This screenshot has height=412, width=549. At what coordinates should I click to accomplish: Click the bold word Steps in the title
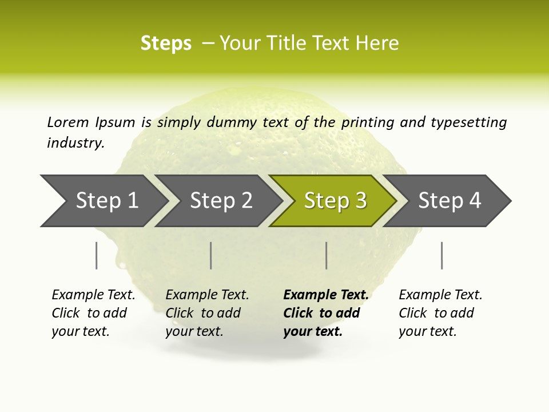[166, 43]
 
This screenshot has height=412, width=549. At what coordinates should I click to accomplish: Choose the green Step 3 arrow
[335, 201]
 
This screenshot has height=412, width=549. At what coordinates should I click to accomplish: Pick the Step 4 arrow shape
[449, 201]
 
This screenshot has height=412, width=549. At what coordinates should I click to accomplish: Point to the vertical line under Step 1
[97, 255]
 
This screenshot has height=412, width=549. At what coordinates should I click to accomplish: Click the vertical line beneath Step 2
[211, 255]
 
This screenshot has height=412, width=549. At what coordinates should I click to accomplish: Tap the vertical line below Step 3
[326, 255]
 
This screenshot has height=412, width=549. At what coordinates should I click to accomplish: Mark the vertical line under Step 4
[441, 255]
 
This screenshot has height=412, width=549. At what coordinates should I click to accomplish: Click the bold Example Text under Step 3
[326, 312]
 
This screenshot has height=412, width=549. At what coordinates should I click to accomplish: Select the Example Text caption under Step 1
[93, 312]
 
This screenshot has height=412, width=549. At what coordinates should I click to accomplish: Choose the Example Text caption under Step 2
[207, 312]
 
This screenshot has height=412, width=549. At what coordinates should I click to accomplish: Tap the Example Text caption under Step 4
[440, 312]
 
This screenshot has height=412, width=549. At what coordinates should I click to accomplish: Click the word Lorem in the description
[68, 122]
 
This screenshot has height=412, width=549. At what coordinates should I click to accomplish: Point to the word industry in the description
[75, 142]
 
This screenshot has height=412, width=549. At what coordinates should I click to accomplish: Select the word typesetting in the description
[468, 122]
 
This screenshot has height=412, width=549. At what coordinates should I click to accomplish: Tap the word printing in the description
[366, 122]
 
